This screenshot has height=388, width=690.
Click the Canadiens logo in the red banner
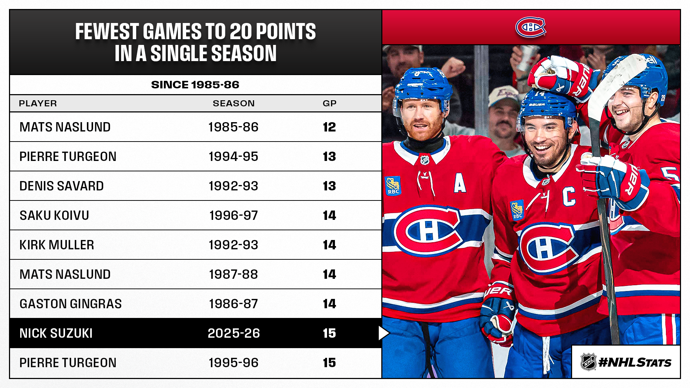coord(530,27)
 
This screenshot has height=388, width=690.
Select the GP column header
coord(330,103)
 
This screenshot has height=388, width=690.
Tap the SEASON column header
coord(234,103)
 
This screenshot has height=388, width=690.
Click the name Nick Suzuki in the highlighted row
coord(56,333)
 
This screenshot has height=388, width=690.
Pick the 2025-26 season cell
coord(234,333)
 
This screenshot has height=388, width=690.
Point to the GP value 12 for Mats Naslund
coord(329,127)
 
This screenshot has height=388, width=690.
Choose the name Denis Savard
coord(61,186)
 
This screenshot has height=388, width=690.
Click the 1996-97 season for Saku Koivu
coord(234,216)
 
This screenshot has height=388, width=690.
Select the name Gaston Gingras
coord(70,304)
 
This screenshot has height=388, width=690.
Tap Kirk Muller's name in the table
coord(57,245)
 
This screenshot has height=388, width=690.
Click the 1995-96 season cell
coord(234,363)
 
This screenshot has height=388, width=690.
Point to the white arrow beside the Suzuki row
coord(383,333)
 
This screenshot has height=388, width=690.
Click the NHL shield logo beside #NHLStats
coord(588,362)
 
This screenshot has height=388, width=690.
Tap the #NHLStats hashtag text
coord(635,362)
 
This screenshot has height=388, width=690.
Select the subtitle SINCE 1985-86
coord(195,85)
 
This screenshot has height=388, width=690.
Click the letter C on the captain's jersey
coord(569,197)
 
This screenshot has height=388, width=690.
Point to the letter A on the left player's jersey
coord(460,184)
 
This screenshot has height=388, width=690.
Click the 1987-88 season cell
coord(234,274)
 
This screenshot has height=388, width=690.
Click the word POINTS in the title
coord(286,32)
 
